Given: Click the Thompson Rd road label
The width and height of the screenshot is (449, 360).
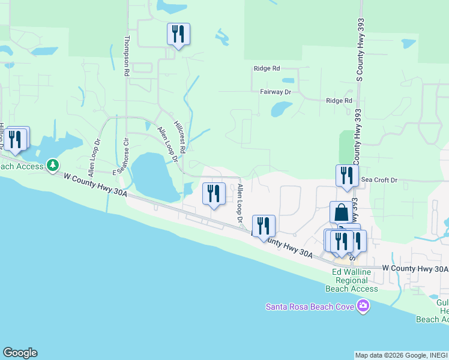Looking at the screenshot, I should tap(127, 56).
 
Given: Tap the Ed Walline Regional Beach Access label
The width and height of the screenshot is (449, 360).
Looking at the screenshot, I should tap(355, 280).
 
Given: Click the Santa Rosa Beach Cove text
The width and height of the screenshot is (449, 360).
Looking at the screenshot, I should tap(310, 307).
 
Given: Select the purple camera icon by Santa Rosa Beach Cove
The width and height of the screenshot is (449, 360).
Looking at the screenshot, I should tap(363, 307).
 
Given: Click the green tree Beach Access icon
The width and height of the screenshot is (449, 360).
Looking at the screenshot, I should tap(53, 164).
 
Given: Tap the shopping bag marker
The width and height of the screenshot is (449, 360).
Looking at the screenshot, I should tap(341, 212).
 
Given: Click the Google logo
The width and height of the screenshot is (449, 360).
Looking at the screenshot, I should tap(20, 353).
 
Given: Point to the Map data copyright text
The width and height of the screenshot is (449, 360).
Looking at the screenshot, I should tap(401, 355).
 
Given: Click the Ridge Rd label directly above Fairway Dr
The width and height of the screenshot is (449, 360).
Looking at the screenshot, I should tap(267, 68).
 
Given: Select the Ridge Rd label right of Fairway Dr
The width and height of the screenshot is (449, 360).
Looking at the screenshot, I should tap(339, 101).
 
